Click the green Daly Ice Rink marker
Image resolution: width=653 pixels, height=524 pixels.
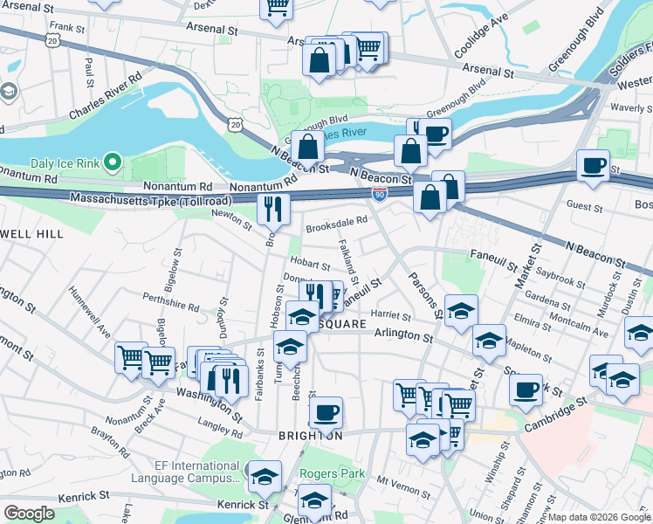pyautogui.click(x=112, y=162)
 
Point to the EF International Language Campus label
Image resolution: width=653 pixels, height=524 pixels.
pyautogui.click(x=186, y=472)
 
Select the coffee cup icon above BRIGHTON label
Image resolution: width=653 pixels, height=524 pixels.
pyautogui.click(x=326, y=411)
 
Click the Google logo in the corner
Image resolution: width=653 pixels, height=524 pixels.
pyautogui.click(x=30, y=514)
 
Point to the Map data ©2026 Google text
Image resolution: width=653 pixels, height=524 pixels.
pyautogui.click(x=598, y=517)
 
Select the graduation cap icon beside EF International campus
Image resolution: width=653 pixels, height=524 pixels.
pyautogui.click(x=265, y=476)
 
